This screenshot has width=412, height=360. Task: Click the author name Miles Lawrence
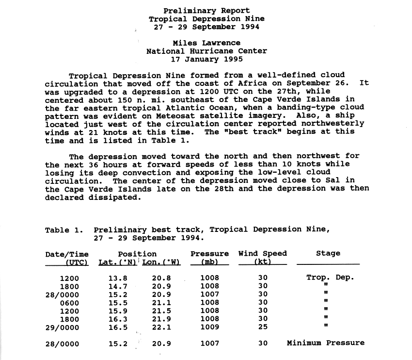point(206,43)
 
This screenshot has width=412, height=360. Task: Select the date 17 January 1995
point(206,60)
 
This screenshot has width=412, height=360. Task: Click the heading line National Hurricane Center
point(206,51)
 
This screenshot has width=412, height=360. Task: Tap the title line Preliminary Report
point(206,11)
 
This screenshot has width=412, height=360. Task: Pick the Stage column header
point(328,253)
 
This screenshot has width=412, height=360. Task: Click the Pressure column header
point(209,253)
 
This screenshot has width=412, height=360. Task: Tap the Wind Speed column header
point(263,253)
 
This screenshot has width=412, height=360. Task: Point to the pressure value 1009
point(209,327)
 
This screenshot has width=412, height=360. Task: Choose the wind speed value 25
point(263,327)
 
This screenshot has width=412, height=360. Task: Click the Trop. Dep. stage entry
point(330,278)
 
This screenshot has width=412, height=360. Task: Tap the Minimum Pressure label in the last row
point(326,343)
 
